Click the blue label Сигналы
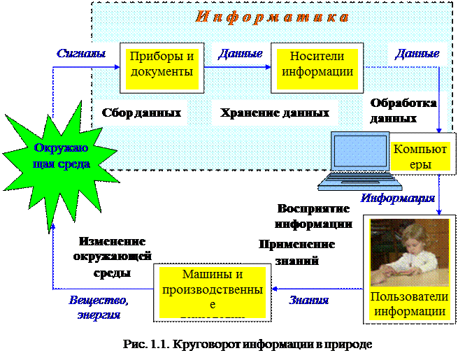(81, 53)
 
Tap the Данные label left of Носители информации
(240, 54)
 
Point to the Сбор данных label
(141, 113)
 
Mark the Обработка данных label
(403, 110)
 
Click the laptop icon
(359, 163)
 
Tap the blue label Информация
(398, 198)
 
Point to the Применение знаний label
(296, 253)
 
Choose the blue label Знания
(308, 300)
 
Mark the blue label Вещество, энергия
(99, 307)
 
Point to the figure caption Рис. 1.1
(250, 344)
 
